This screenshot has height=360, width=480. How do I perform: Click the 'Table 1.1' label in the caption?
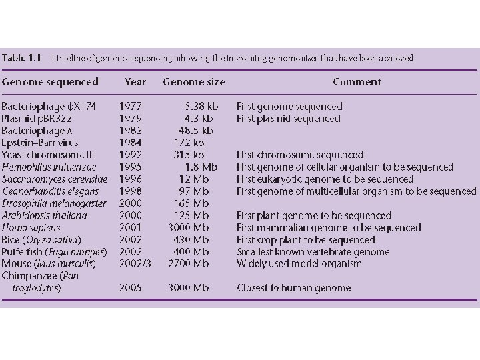pos(23,58)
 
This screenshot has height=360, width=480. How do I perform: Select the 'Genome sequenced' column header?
pos(50,82)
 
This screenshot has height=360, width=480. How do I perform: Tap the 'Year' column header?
pos(135,82)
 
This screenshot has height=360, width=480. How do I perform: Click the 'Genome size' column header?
pos(194,82)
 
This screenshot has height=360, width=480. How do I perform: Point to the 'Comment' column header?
pos(357,82)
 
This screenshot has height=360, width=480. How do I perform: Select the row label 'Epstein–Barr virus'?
pos(40,143)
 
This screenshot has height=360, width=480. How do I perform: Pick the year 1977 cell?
pos(131,107)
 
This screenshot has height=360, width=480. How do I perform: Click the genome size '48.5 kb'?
pos(196,131)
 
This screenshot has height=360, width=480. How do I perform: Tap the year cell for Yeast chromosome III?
pos(131,155)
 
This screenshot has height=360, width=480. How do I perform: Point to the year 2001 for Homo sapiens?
pos(131,227)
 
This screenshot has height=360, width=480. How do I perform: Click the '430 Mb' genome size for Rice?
pos(195,239)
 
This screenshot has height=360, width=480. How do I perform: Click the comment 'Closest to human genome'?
pos(294,288)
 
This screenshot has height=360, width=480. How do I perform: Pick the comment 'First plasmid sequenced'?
pos(289,119)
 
